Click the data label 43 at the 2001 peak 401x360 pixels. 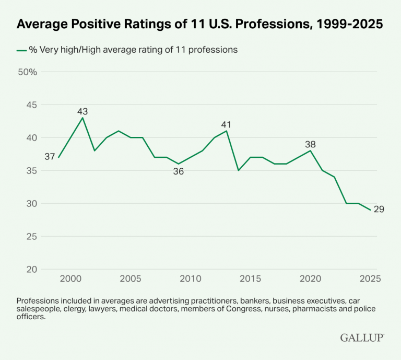82,111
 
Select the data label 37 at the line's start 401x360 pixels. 50,156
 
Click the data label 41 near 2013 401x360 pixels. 226,125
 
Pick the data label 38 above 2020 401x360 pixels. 311,145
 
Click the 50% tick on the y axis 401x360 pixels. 27,72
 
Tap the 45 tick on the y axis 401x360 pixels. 31,105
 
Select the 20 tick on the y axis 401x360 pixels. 31,269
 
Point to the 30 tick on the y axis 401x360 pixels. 31,204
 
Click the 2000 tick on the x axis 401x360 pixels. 70,278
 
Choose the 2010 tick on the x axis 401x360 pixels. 190,278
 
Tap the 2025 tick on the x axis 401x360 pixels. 370,278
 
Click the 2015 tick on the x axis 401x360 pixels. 250,278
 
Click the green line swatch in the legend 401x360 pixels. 21,50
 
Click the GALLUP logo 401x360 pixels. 362,338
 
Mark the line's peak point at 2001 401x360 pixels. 82,118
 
